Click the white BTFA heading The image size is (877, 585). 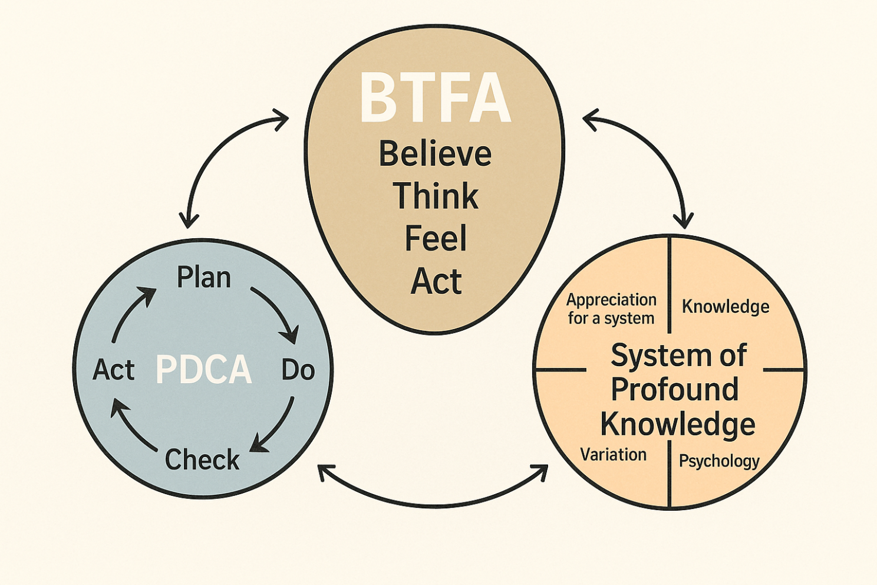(x=435, y=98)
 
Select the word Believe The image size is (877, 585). (x=435, y=154)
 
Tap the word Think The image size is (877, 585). (x=436, y=196)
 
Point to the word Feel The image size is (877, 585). (x=436, y=238)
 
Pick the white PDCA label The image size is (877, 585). (x=203, y=370)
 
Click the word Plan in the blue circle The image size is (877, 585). (x=204, y=277)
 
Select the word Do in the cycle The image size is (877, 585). (x=298, y=370)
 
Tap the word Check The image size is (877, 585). (x=202, y=459)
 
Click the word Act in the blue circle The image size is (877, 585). (x=114, y=370)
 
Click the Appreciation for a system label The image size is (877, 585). (x=611, y=309)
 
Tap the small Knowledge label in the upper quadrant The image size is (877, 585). (x=726, y=307)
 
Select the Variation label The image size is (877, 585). (x=614, y=455)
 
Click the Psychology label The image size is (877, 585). (x=719, y=461)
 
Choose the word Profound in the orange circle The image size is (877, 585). (x=675, y=389)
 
